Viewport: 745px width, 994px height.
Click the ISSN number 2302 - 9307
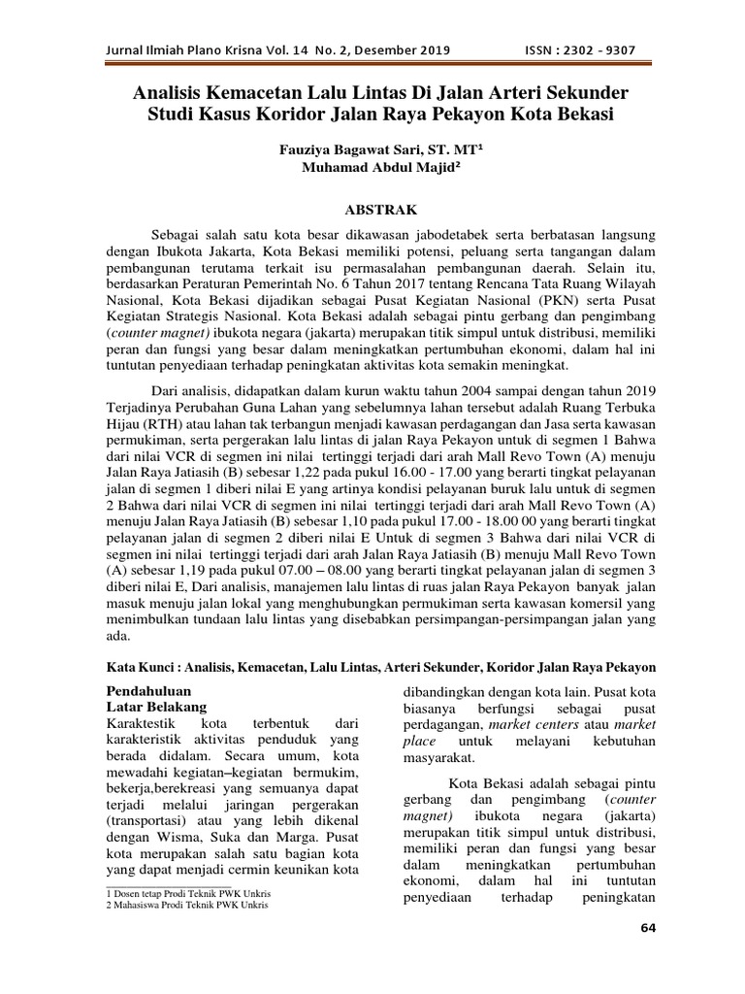click(x=596, y=50)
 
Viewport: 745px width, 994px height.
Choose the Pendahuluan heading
click(x=151, y=690)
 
